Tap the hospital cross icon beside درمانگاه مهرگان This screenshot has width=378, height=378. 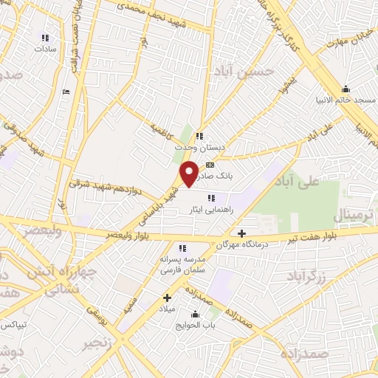click(x=241, y=233)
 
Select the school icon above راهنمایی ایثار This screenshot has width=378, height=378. click(x=212, y=198)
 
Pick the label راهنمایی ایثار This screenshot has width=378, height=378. click(x=212, y=210)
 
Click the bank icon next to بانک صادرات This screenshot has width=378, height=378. click(x=210, y=165)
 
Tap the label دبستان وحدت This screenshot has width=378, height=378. click(x=199, y=147)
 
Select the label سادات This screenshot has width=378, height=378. click(x=44, y=49)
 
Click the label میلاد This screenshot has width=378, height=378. click(x=168, y=309)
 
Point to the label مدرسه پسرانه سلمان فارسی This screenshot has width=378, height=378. click(x=182, y=266)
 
